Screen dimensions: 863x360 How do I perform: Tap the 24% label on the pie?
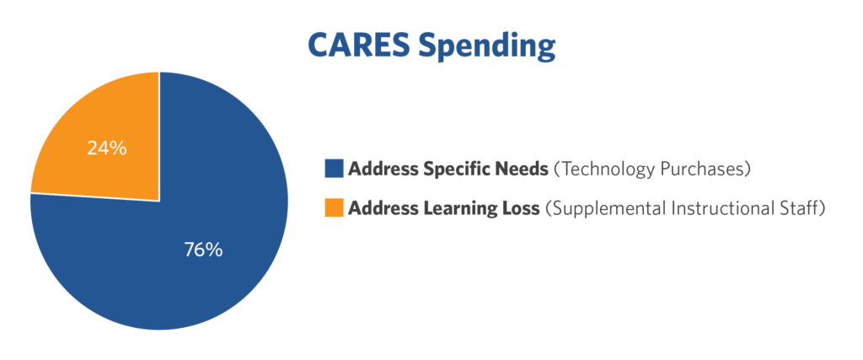[107, 148]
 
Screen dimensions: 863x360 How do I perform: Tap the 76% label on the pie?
[203, 250]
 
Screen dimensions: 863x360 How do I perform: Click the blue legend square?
[334, 169]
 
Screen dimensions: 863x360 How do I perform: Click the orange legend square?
[334, 208]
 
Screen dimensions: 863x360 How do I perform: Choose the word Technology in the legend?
[602, 169]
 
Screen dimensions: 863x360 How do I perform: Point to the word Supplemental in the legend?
[602, 209]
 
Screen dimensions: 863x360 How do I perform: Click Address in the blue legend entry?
[381, 169]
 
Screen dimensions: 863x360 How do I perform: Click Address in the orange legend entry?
[381, 208]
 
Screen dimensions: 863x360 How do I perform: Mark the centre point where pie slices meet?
[159, 201]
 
